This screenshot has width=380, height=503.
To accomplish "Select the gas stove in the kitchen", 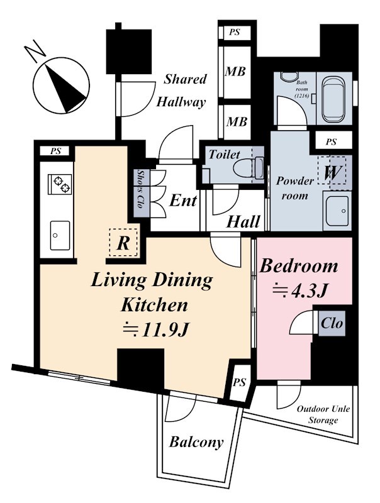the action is [60, 184].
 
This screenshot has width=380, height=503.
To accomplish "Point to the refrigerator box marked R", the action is [123, 243].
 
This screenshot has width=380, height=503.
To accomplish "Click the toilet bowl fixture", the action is [248, 167].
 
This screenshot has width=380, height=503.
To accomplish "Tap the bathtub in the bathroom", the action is [335, 99].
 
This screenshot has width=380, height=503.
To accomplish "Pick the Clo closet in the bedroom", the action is [332, 323].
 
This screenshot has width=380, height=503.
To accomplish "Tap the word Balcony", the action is [196, 442].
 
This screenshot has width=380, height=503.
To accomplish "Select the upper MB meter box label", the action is [235, 71].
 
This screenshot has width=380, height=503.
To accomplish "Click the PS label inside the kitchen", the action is [55, 151].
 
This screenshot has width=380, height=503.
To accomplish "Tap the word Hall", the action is [243, 222].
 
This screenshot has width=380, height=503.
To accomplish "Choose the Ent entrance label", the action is [183, 201].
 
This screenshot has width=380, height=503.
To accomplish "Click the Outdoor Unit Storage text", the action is [323, 414].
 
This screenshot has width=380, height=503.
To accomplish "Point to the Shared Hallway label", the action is [181, 91].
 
